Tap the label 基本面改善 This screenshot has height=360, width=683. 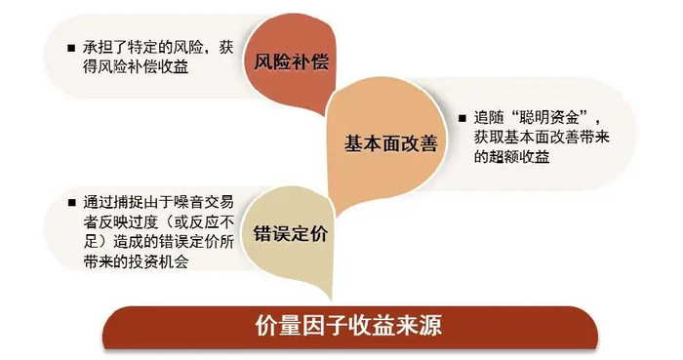pos(389,142)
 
